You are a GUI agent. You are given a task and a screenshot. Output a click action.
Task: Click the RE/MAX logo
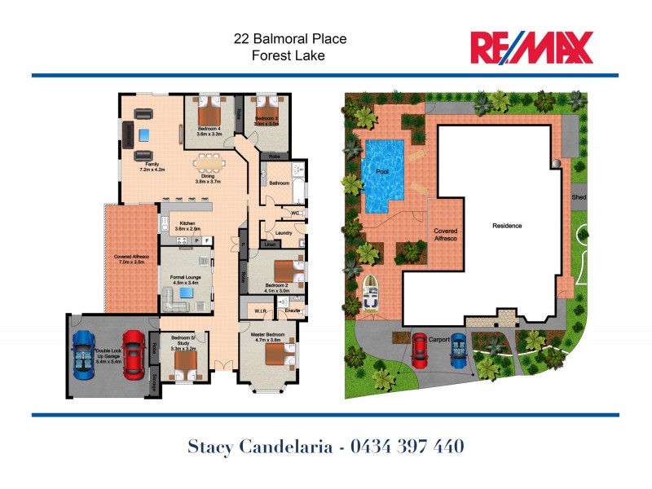coord(531,47)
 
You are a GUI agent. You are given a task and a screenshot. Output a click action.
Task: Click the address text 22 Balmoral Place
coord(289,38)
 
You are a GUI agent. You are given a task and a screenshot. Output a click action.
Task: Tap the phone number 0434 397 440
coord(407,447)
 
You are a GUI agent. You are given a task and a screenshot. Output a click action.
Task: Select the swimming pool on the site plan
coord(382,175)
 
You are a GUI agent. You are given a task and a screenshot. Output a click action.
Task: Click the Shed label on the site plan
coord(579,197)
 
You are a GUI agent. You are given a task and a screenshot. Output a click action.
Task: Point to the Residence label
coord(506,226)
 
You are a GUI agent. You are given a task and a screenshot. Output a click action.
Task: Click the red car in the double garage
coord(134,355)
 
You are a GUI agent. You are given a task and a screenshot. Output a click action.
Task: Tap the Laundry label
coord(284,234)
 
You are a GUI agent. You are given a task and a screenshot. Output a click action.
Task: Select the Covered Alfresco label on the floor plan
coord(130,259)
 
